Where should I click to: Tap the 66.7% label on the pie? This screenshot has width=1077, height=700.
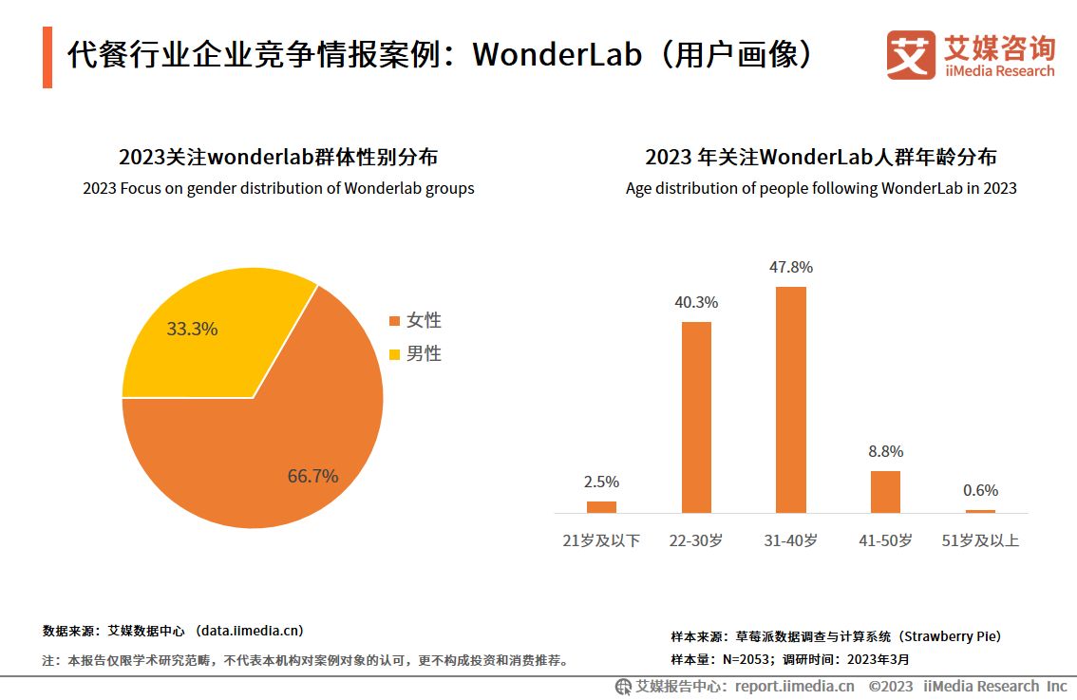click(312, 477)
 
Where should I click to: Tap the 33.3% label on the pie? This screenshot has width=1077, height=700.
click(192, 330)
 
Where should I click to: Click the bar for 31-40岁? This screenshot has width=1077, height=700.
click(790, 399)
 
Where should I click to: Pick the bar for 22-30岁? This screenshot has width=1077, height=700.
click(696, 417)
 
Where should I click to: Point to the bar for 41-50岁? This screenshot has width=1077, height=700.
click(885, 491)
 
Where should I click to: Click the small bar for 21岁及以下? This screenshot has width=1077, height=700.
click(601, 506)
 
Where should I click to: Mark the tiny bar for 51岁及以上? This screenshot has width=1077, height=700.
click(980, 511)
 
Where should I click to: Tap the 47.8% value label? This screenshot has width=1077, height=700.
click(790, 268)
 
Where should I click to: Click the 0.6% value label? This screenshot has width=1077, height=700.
click(980, 491)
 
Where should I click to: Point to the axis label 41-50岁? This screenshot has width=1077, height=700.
click(885, 540)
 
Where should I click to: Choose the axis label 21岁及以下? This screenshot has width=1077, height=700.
click(601, 540)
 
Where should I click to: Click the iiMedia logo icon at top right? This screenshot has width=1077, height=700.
click(910, 55)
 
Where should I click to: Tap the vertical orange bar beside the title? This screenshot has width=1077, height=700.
click(47, 57)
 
